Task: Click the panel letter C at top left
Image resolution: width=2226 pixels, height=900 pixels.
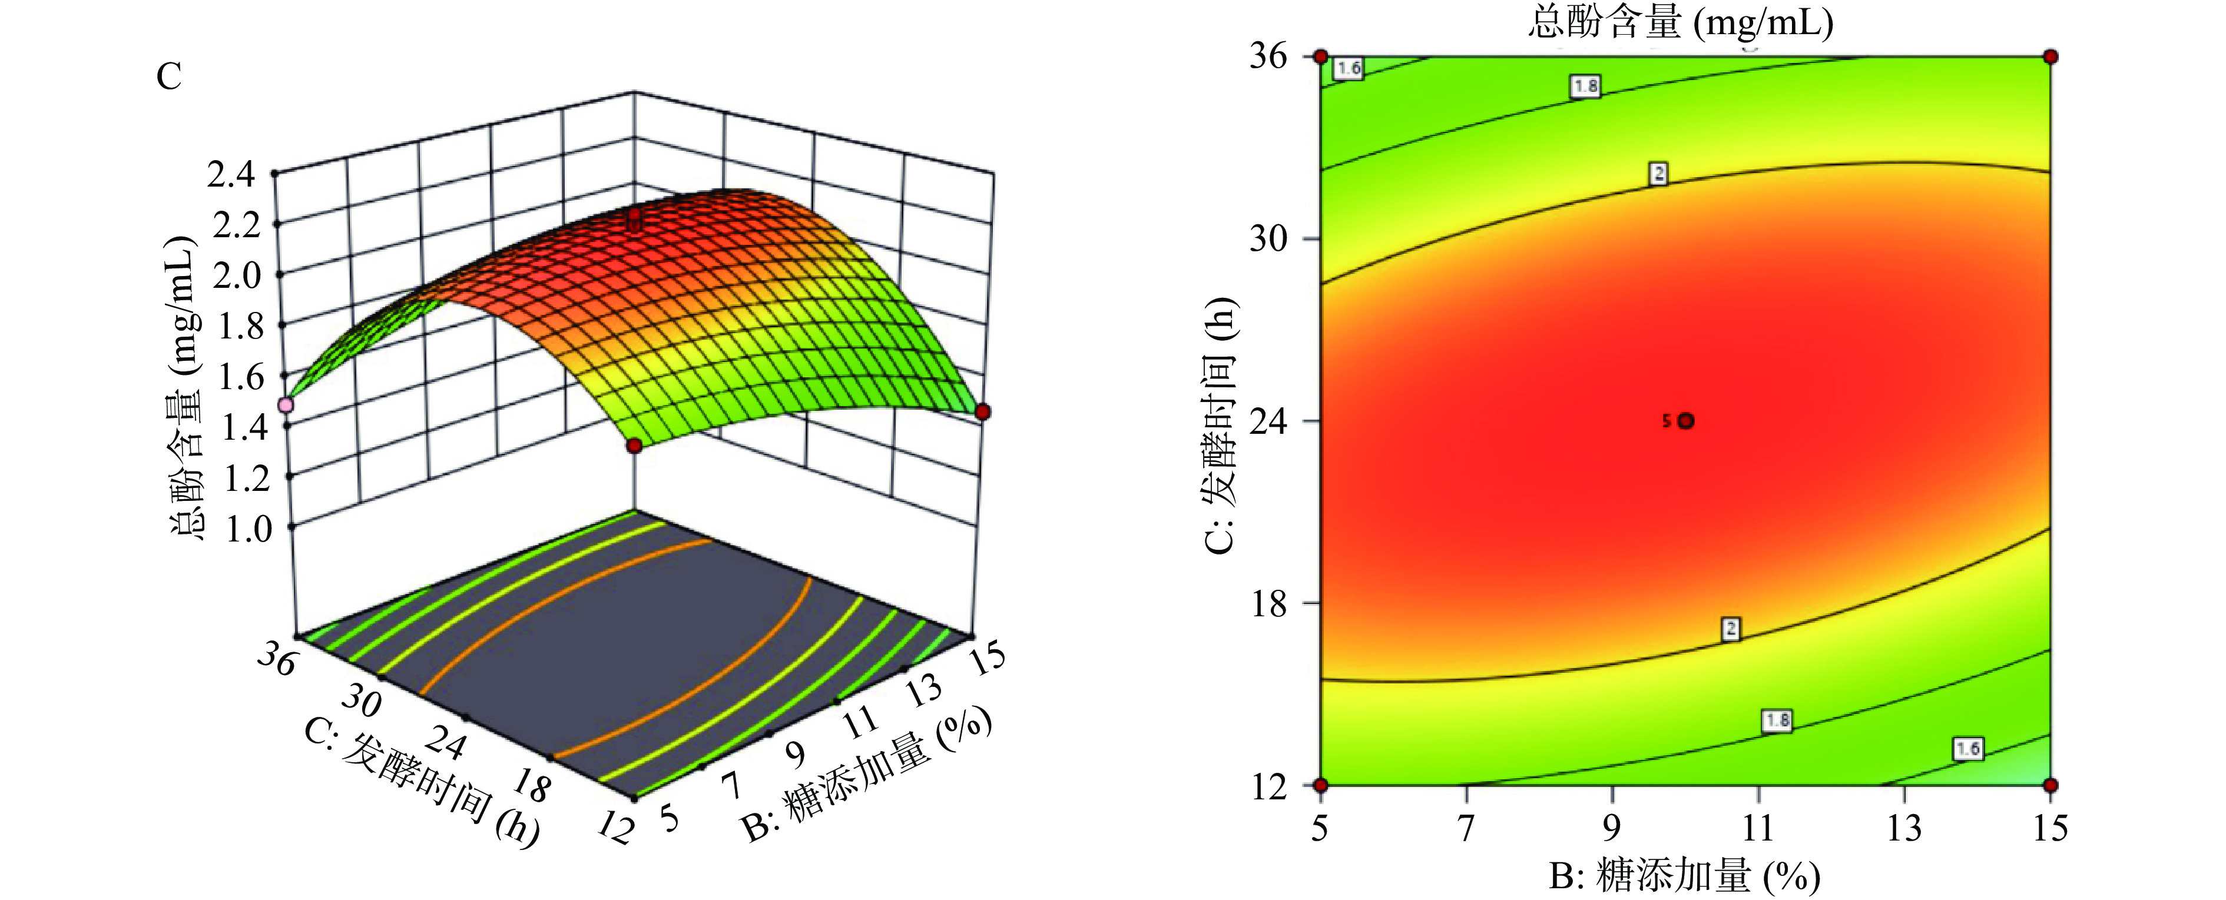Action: tap(168, 77)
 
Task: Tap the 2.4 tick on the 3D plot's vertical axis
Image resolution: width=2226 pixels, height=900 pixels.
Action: tap(231, 175)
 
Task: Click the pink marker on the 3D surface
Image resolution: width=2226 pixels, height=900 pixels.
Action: tap(285, 404)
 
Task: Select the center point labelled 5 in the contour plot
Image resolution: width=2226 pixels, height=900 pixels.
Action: tap(1685, 421)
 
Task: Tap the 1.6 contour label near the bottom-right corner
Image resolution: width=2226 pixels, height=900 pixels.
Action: tap(1967, 749)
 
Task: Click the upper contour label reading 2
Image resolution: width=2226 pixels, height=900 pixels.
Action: tap(1657, 174)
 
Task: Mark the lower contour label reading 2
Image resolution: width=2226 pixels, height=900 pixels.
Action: tap(1730, 629)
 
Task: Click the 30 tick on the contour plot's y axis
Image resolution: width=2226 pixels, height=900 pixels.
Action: tap(1268, 238)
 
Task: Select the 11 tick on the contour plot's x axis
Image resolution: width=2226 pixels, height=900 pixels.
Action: tap(1758, 829)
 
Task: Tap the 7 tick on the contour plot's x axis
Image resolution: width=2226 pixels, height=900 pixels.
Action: tap(1466, 829)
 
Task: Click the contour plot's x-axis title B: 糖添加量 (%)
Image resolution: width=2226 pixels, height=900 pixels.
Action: tap(1684, 876)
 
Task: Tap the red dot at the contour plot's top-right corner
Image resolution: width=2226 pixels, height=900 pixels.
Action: tap(2051, 57)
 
